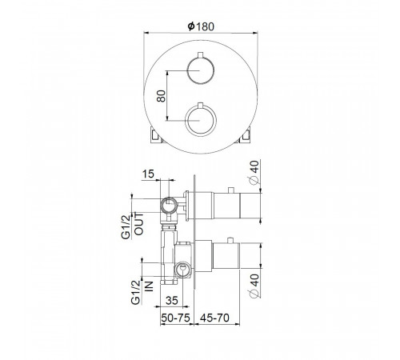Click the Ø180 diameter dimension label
point(201,26)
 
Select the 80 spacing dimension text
point(161,96)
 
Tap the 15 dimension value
point(148,174)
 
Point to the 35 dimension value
point(172,301)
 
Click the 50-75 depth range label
point(176,318)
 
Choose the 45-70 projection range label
point(214,318)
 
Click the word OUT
point(139,224)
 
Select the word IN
point(149,286)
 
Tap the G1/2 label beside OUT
point(126,227)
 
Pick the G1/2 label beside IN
point(136,292)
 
